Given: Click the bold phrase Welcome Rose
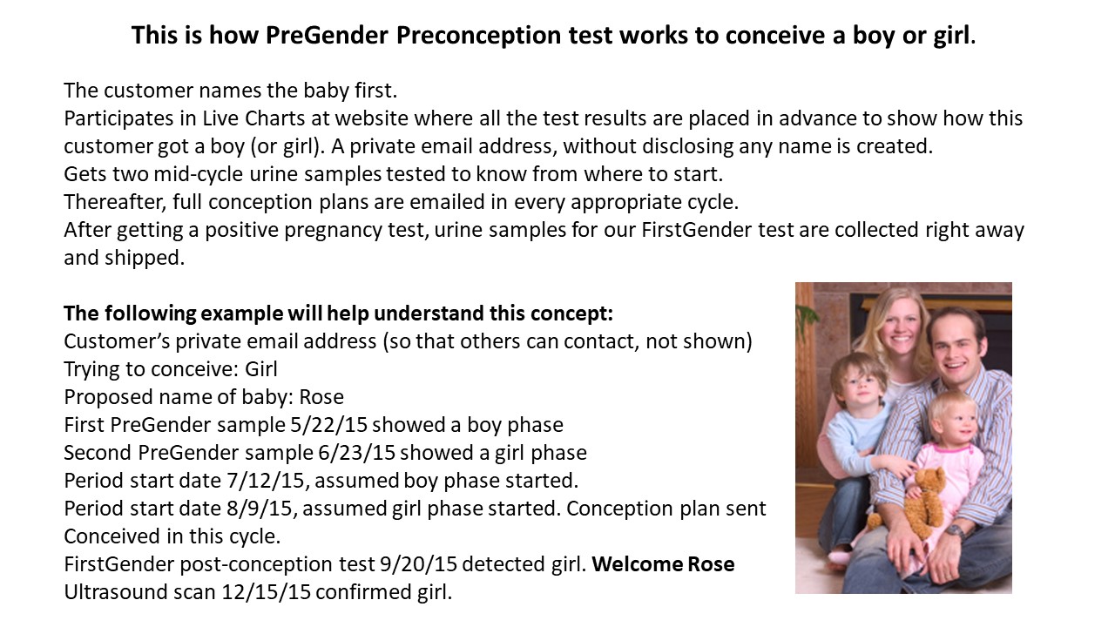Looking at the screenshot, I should point(663,564).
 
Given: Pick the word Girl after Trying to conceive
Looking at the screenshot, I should point(261,369).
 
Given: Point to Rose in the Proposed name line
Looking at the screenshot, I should point(321,397).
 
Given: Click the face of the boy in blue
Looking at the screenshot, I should point(852,384).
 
